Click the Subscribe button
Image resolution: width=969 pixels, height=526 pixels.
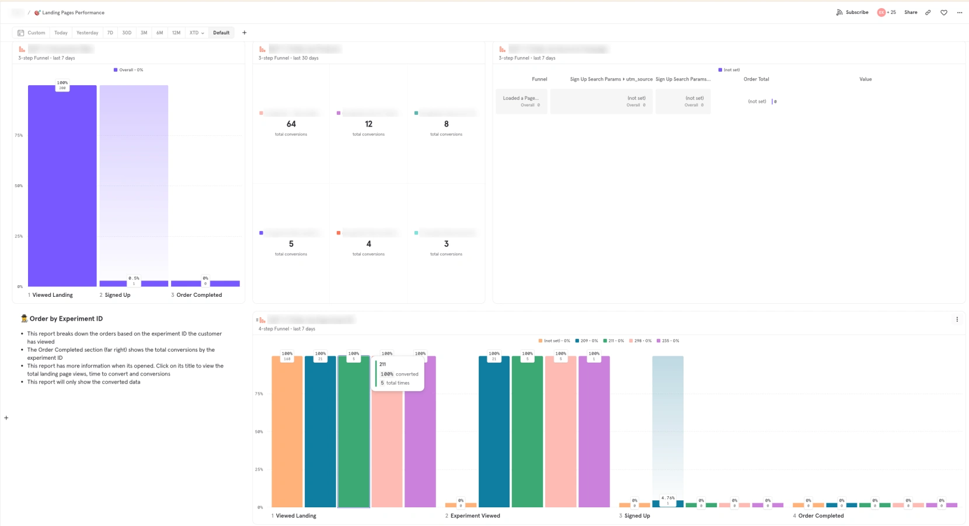coord(852,12)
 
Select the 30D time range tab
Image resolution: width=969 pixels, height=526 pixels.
coord(127,33)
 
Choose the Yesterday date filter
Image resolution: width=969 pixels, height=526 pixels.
coord(87,33)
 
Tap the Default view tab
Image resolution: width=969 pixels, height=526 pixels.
coord(221,33)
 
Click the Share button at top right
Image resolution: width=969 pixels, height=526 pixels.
coord(911,12)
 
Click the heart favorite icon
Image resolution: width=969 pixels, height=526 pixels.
coord(944,12)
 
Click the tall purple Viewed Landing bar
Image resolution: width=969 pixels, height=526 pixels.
coord(62,187)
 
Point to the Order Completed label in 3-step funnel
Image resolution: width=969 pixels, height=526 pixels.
coord(198,295)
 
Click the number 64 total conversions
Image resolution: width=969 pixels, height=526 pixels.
coord(291,124)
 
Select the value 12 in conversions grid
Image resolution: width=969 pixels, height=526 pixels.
coord(368,124)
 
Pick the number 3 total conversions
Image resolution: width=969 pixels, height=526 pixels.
coord(446,244)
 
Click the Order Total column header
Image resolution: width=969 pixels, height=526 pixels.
coord(756,79)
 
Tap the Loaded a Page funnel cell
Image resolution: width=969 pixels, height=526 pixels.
coord(521,101)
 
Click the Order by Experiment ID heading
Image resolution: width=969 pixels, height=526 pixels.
coord(66,319)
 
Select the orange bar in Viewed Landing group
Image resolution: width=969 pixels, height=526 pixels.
coord(287,432)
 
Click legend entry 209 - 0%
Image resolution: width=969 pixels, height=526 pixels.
coord(587,341)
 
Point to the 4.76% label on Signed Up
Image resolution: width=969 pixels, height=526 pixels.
coord(668,498)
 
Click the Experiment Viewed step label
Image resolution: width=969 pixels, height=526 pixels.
coord(475,516)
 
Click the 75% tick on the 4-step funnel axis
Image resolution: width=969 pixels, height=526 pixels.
coord(259,394)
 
